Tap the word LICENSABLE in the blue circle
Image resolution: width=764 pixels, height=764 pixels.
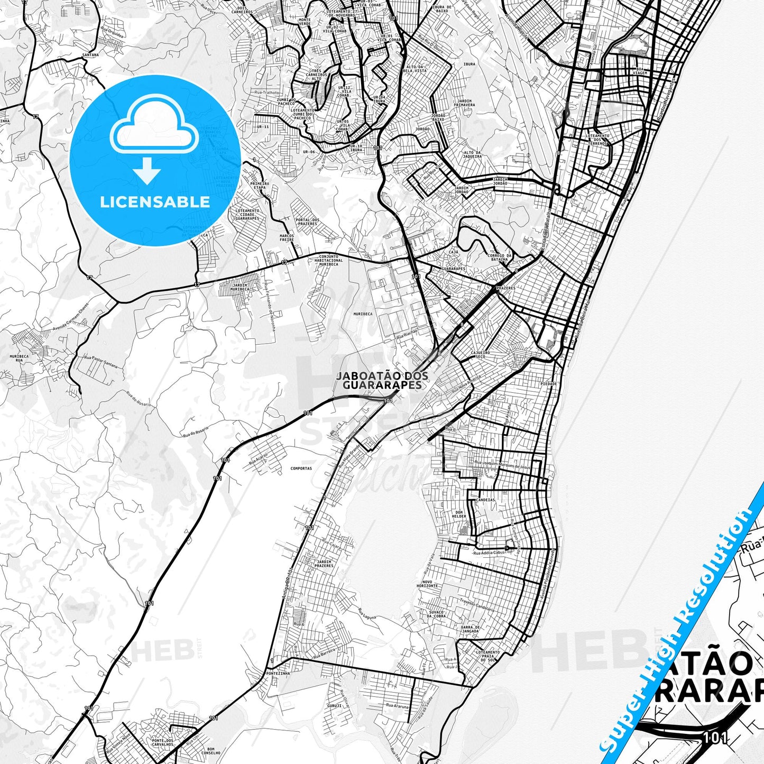pos(155,202)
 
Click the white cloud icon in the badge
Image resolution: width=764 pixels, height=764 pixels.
pos(154,125)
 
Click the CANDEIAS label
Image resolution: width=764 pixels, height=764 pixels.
pos(485,500)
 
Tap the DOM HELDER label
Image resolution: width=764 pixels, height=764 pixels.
pos(459,514)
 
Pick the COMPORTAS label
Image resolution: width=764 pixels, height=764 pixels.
pos(301,468)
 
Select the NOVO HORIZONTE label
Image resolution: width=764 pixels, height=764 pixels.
pos(427,584)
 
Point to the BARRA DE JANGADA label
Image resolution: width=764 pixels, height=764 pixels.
pos(471,629)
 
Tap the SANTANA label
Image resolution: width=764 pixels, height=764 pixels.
pos(90,55)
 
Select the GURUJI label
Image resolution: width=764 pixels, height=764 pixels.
pos(334,705)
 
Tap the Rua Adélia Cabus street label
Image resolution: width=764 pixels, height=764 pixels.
pos(490,553)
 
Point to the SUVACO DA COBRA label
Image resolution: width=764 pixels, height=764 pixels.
pos(436,613)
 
